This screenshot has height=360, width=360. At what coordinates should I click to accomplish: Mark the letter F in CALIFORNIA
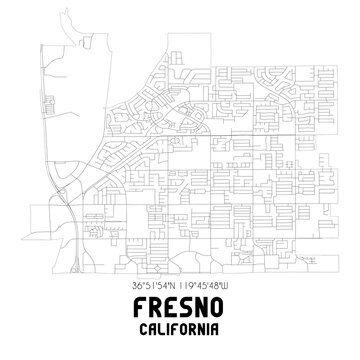pos(176,328)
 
